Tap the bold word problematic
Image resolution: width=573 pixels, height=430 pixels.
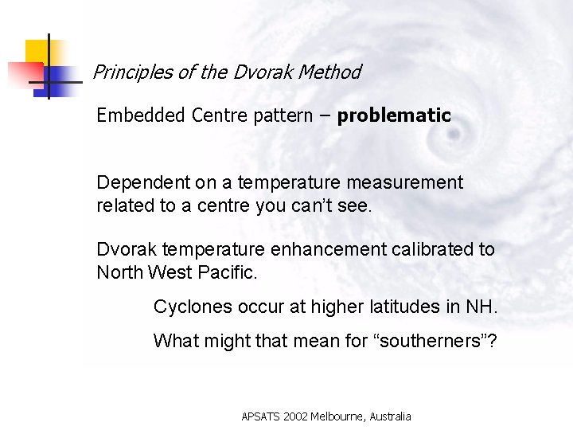tap(394, 115)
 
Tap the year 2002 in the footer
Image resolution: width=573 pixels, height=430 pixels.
tap(291, 416)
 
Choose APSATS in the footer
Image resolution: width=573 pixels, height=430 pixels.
tap(259, 416)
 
